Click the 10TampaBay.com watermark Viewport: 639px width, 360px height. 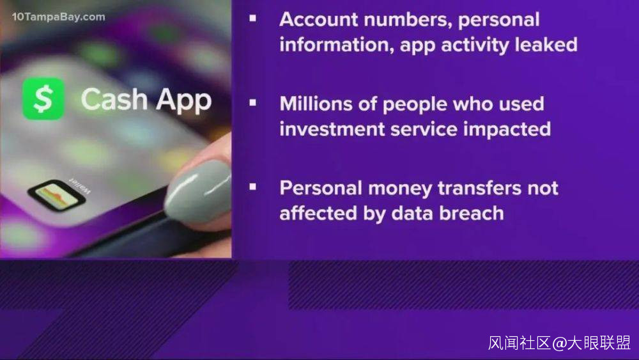58,17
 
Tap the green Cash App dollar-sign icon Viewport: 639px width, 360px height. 43,98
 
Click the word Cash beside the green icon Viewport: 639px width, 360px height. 114,99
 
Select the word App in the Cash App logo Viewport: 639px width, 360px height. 184,100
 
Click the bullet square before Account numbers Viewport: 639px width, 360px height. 252,18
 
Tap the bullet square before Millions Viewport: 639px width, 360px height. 252,103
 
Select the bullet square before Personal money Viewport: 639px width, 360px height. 252,187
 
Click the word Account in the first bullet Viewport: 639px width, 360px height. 319,20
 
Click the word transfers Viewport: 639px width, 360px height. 479,188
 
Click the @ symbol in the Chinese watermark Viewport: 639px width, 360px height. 559,343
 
